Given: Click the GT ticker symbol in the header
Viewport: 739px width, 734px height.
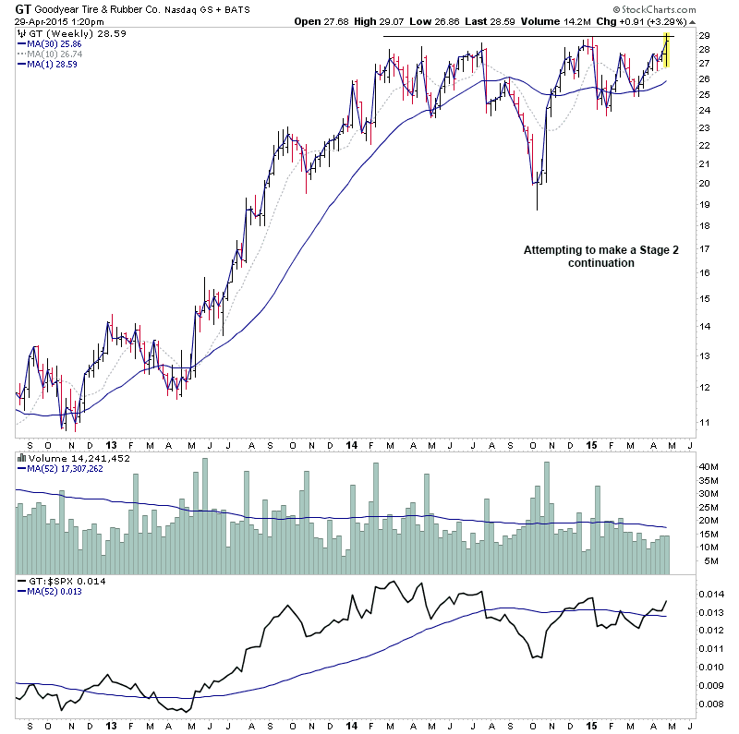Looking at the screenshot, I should [23, 8].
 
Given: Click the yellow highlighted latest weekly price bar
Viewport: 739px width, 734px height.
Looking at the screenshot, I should [666, 49].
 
